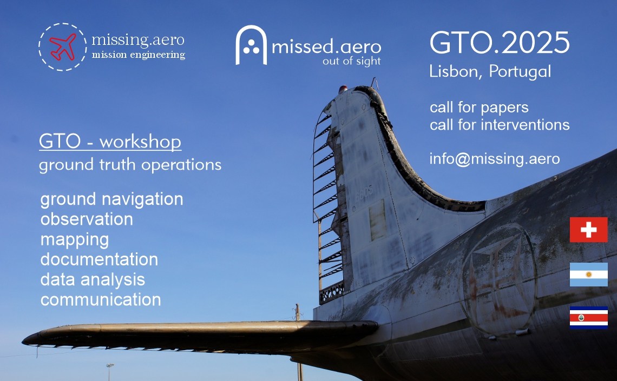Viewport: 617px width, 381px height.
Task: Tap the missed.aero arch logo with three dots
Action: [x=251, y=45]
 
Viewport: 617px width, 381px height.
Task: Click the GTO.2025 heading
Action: [x=500, y=42]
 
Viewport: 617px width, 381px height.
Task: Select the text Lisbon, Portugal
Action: [x=490, y=71]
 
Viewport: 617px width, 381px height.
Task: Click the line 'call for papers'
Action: [x=479, y=108]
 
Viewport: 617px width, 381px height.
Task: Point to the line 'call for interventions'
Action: [x=500, y=125]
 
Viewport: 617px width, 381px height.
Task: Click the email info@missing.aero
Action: [x=495, y=159]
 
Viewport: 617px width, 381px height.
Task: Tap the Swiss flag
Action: [x=589, y=230]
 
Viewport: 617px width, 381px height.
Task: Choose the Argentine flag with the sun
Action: [x=589, y=275]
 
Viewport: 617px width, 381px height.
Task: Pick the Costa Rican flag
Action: [x=589, y=317]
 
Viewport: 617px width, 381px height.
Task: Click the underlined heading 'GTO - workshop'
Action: [x=110, y=142]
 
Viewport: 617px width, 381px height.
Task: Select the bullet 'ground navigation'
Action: [x=111, y=199]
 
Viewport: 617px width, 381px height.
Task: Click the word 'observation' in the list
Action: [x=87, y=219]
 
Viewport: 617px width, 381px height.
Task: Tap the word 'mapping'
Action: [x=74, y=240]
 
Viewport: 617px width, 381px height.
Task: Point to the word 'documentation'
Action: [x=99, y=259]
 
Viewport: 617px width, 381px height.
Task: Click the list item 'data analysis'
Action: [x=93, y=280]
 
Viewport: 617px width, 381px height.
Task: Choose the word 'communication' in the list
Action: [x=101, y=300]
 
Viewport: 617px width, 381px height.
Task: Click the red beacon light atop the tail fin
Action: [x=343, y=89]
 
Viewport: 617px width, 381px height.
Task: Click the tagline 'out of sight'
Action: [x=352, y=61]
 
